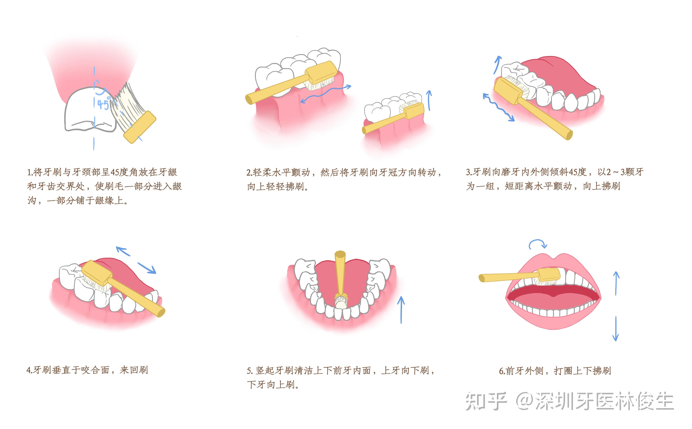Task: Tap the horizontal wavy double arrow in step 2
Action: (x=326, y=93)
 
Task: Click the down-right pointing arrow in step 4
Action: (x=147, y=268)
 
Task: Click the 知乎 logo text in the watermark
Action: (x=486, y=401)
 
